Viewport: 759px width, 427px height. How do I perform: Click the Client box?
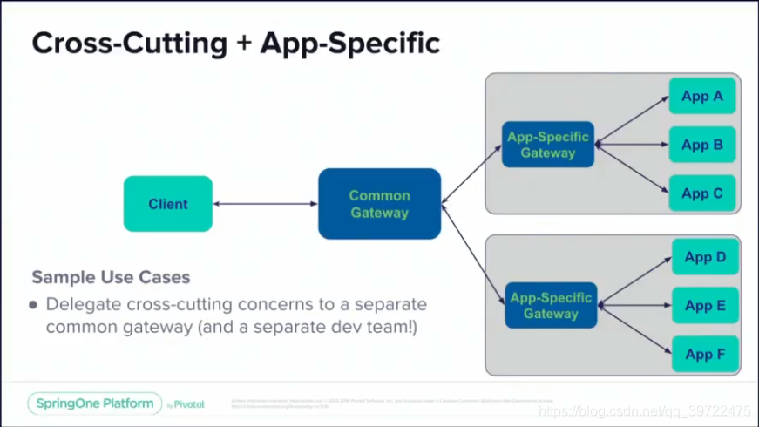pyautogui.click(x=167, y=204)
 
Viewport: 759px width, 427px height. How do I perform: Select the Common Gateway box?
pyautogui.click(x=379, y=204)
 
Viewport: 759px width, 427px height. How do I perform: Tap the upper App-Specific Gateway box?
pyautogui.click(x=548, y=145)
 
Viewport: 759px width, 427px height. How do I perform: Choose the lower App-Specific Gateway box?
pyautogui.click(x=551, y=305)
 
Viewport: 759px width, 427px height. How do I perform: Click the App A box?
pyautogui.click(x=702, y=96)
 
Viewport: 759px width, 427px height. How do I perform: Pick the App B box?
pyautogui.click(x=702, y=145)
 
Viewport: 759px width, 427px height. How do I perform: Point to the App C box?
pyautogui.click(x=702, y=193)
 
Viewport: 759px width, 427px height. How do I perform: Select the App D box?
pyautogui.click(x=705, y=257)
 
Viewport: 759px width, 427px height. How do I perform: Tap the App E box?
pyautogui.click(x=705, y=305)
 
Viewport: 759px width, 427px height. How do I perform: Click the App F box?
pyautogui.click(x=705, y=354)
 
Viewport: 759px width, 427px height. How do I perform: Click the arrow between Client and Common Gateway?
pyautogui.click(x=265, y=204)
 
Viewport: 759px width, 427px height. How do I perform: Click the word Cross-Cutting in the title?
pyautogui.click(x=129, y=44)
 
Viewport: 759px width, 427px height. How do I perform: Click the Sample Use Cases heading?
pyautogui.click(x=111, y=277)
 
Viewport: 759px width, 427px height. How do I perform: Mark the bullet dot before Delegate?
pyautogui.click(x=33, y=305)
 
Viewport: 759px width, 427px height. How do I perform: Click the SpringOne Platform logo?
pyautogui.click(x=95, y=403)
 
